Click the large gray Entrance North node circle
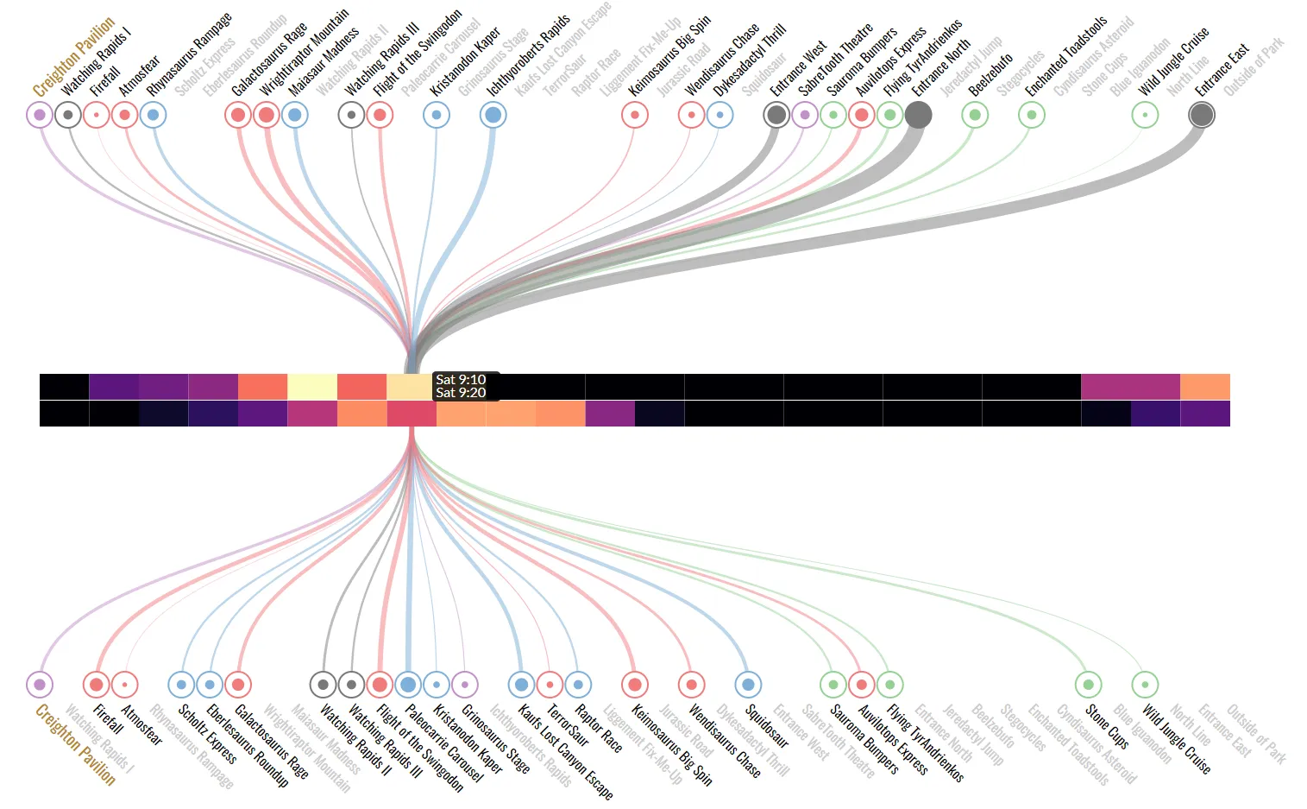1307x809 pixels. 918,114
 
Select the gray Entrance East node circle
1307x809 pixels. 1202,114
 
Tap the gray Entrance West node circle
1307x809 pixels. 776,114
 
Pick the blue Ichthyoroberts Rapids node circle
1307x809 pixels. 493,114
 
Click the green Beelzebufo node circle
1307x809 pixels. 975,114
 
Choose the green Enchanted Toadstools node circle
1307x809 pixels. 1032,114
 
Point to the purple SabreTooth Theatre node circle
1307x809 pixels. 805,114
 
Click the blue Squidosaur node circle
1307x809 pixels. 748,685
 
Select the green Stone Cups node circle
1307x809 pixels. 1089,685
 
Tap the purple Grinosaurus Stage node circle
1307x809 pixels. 465,685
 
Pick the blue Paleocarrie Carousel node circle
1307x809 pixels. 437,685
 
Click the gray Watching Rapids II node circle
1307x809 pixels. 351,685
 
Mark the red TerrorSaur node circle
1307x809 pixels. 550,685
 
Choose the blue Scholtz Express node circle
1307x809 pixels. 181,685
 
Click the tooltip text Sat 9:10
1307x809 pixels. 461,380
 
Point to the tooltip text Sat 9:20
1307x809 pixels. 461,393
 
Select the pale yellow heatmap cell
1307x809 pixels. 312,387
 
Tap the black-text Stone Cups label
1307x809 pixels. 1107,726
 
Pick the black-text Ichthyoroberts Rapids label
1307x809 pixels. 528,56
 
